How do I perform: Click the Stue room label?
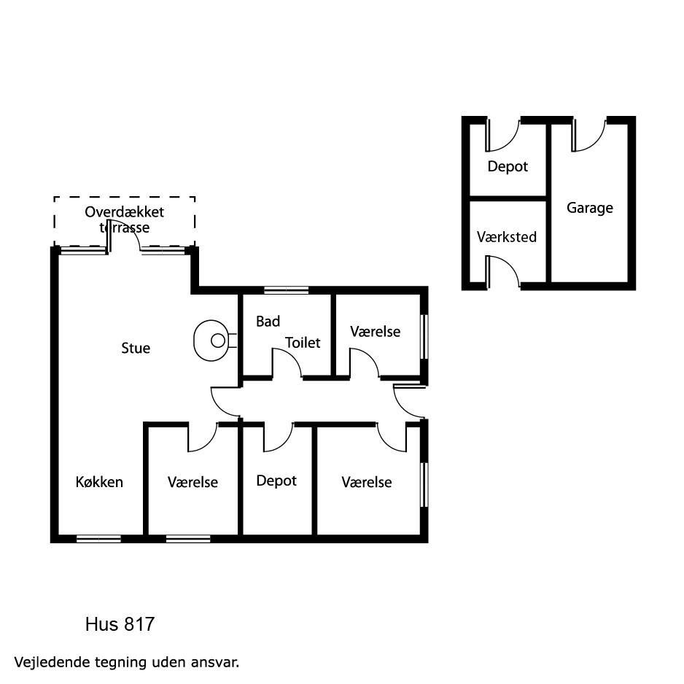coord(136,348)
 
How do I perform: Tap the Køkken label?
coord(99,482)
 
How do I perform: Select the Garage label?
coord(590,208)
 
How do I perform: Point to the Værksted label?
coord(507,237)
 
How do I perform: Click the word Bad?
coord(268,322)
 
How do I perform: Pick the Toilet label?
coord(303,343)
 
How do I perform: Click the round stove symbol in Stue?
coord(211,341)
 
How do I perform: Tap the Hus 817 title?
coord(120,624)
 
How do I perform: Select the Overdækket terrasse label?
coord(124,219)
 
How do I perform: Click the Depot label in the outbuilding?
coord(508,167)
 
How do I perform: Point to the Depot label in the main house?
coord(276,481)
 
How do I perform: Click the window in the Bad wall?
coord(286,290)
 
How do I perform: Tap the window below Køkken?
coord(98,539)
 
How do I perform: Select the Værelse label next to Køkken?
coord(193,482)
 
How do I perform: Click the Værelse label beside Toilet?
coord(375,332)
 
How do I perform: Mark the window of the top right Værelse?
coord(424,337)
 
